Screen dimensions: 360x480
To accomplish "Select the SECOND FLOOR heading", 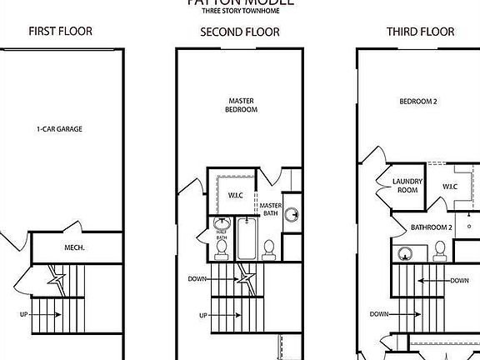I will click(x=240, y=32).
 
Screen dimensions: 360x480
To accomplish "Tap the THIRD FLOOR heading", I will click(x=420, y=32).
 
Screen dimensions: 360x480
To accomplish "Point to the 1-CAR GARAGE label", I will click(x=59, y=129).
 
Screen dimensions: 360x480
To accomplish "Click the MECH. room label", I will click(x=77, y=247).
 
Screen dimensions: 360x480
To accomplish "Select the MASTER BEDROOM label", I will click(x=242, y=105).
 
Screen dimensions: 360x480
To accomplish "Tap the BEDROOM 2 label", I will click(x=417, y=102).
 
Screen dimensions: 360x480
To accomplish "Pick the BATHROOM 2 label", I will click(x=431, y=227).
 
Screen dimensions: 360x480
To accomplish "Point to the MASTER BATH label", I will click(x=271, y=209).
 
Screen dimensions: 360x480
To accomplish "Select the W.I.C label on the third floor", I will click(x=450, y=187).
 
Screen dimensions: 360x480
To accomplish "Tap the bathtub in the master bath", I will click(x=247, y=237).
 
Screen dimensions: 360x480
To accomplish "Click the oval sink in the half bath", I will click(x=222, y=224).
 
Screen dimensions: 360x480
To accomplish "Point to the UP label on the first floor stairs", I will click(x=24, y=314).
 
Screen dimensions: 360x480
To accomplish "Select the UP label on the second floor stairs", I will click(x=203, y=316).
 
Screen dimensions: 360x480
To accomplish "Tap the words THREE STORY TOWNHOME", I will click(x=239, y=11).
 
